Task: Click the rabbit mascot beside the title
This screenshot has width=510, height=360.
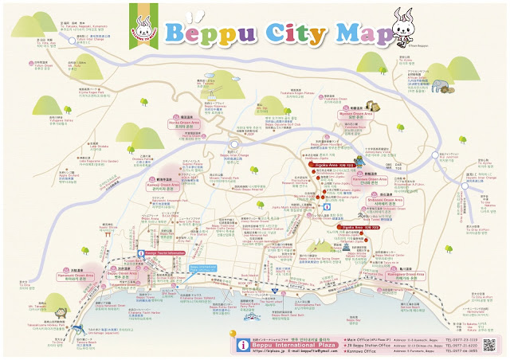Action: [411, 27]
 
